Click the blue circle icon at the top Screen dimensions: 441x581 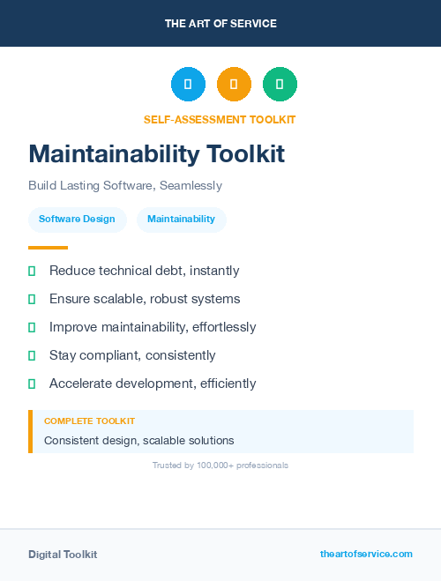(x=188, y=84)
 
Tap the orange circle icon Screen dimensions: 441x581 (x=234, y=84)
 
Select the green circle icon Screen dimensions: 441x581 (x=280, y=84)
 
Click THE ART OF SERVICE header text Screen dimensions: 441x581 (x=220, y=24)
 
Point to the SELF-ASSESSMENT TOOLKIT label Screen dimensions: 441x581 (x=220, y=120)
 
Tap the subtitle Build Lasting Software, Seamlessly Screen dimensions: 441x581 (x=125, y=186)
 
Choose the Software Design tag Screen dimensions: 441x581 (x=77, y=219)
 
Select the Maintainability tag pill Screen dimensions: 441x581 (x=181, y=219)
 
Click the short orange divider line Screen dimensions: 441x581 (x=48, y=248)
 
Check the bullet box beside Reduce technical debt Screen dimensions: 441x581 (x=32, y=271)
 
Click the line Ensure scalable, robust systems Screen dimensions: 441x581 (x=145, y=299)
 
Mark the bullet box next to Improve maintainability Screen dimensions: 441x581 (x=32, y=327)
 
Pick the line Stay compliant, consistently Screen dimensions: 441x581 (x=132, y=355)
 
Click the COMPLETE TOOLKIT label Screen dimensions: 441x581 (x=89, y=421)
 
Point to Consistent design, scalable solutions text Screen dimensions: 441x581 (x=139, y=440)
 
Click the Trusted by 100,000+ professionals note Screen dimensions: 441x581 (x=220, y=465)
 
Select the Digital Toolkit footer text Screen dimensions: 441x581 (x=63, y=555)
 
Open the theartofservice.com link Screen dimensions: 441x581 (x=366, y=554)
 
